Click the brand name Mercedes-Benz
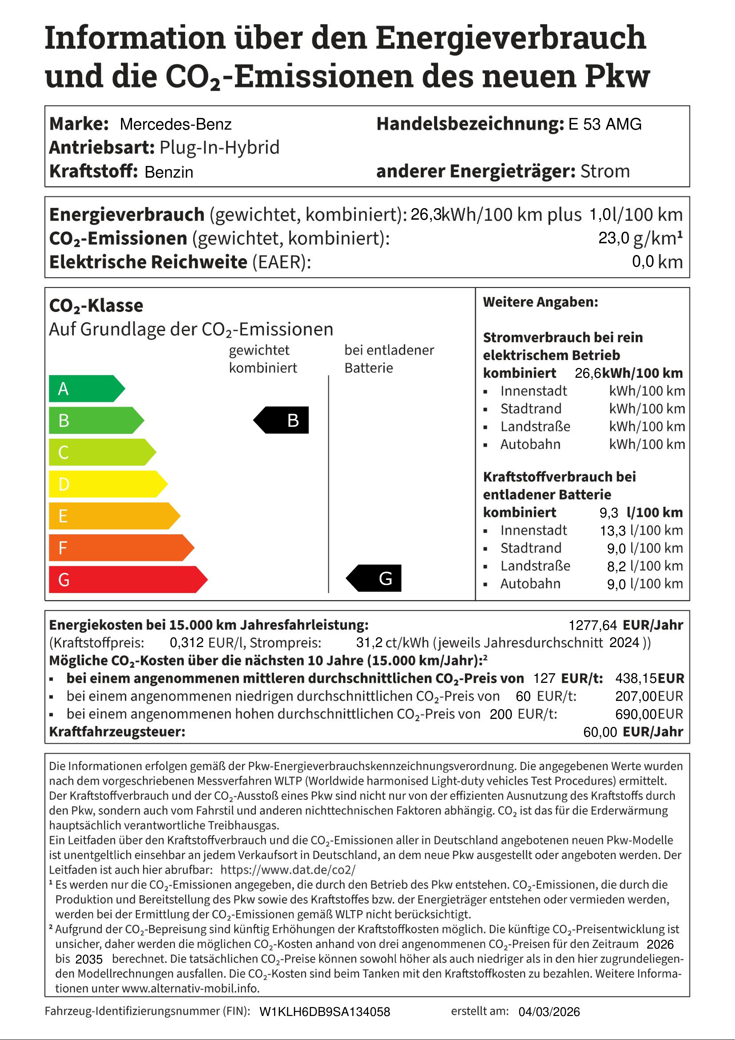pyautogui.click(x=176, y=124)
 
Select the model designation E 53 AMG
pyautogui.click(x=605, y=124)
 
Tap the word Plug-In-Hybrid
pyautogui.click(x=220, y=148)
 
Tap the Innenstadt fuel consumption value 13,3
pyautogui.click(x=613, y=530)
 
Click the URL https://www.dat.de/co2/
pyautogui.click(x=288, y=870)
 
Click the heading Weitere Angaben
pyautogui.click(x=540, y=302)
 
